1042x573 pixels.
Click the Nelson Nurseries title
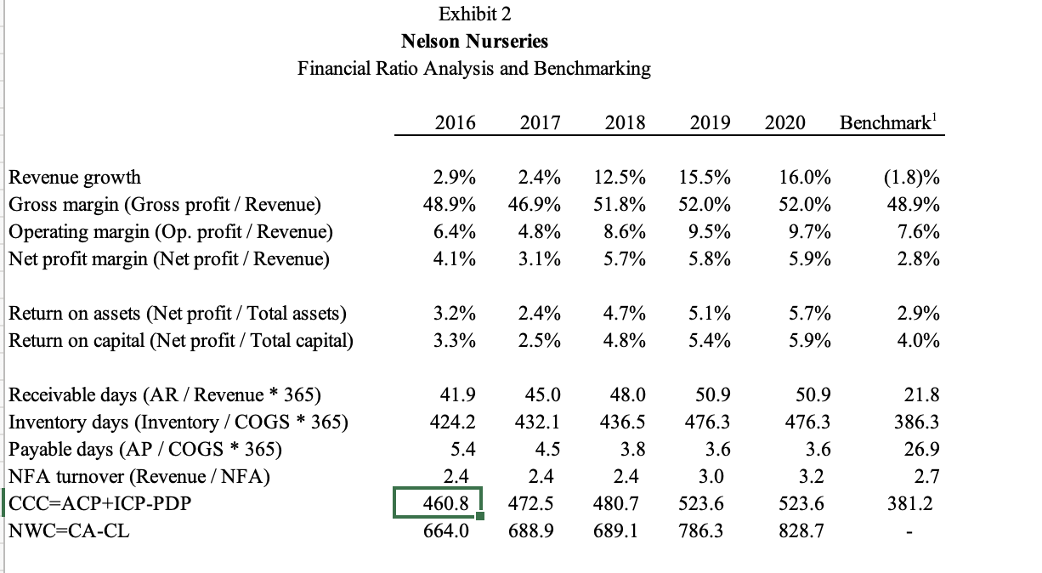(474, 41)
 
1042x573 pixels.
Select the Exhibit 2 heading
(474, 14)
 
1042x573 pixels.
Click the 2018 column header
(625, 122)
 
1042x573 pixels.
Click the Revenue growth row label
(75, 178)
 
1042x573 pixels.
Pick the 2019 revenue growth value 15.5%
(705, 178)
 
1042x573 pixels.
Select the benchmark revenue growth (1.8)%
(911, 178)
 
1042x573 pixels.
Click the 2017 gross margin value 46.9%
(539, 204)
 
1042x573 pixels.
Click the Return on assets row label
(177, 314)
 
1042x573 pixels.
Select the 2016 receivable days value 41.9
(458, 395)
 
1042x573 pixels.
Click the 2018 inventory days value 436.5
(622, 423)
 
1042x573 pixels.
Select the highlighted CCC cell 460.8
(439, 503)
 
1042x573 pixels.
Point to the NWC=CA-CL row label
(69, 531)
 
